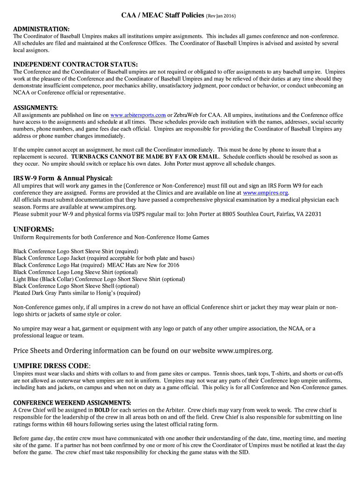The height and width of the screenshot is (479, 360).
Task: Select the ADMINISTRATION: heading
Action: point(41,29)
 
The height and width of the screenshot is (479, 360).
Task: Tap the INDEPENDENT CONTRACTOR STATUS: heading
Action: point(75,64)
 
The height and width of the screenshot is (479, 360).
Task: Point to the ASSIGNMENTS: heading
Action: point(36,107)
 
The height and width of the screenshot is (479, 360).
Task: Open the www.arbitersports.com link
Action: point(138,115)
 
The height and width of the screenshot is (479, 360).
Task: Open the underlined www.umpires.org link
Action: point(266,193)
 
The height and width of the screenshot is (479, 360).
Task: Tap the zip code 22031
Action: point(312,214)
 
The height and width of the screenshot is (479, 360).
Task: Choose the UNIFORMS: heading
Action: point(34,229)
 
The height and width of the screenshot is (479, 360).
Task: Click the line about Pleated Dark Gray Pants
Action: point(77,293)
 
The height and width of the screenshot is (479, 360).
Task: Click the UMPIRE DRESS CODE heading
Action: point(51,365)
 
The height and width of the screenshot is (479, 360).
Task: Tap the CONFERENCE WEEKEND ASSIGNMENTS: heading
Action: point(72,402)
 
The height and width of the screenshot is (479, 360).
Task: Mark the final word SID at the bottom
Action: point(244,453)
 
